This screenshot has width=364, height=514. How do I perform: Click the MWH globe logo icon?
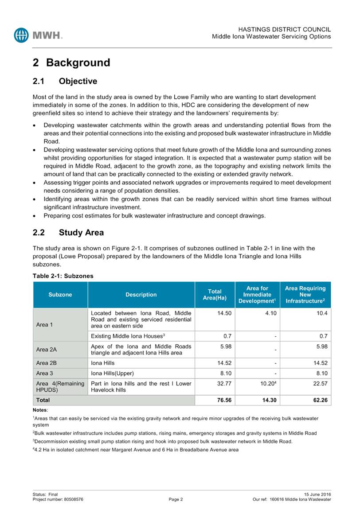tap(21, 35)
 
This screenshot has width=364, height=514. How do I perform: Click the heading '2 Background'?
tap(71, 62)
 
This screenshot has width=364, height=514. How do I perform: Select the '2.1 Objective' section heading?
tap(65, 82)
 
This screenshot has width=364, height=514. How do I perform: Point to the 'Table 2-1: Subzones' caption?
tap(63, 276)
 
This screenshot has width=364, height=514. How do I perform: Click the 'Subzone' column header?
tap(60, 295)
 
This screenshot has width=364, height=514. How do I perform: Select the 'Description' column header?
tap(141, 295)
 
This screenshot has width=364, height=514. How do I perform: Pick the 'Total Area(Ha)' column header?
tap(215, 295)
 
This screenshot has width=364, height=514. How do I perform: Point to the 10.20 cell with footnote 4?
tap(263, 383)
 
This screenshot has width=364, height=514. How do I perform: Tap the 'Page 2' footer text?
tap(176, 499)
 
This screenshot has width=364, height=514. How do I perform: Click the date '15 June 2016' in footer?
tap(317, 495)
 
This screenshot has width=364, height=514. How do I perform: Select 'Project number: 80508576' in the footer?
tap(58, 499)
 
